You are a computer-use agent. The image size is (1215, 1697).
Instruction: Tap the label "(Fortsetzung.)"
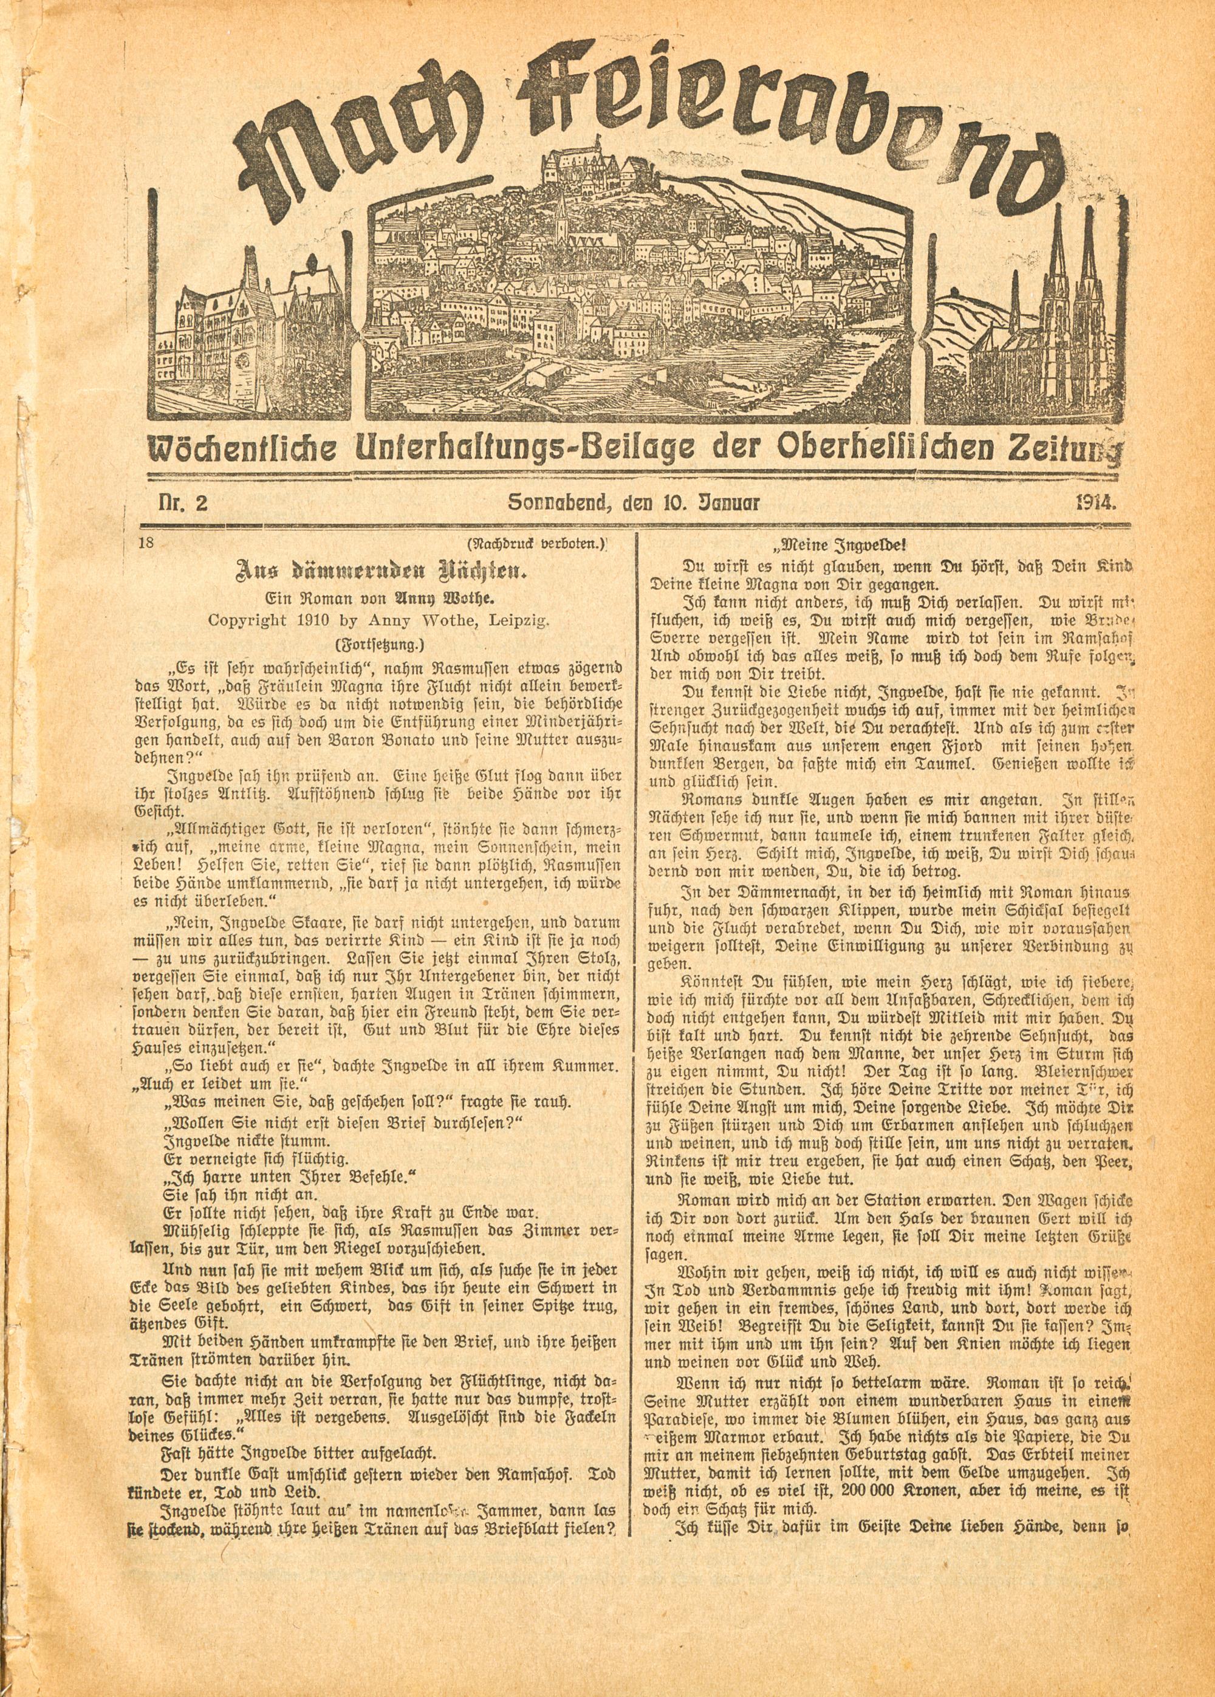click(382, 643)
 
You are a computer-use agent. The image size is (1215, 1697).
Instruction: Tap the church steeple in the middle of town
click(560, 224)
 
